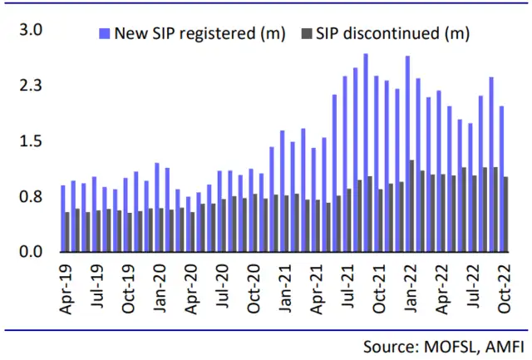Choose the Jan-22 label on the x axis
411,287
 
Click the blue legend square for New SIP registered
104,34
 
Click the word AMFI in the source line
500,344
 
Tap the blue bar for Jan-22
407,154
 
